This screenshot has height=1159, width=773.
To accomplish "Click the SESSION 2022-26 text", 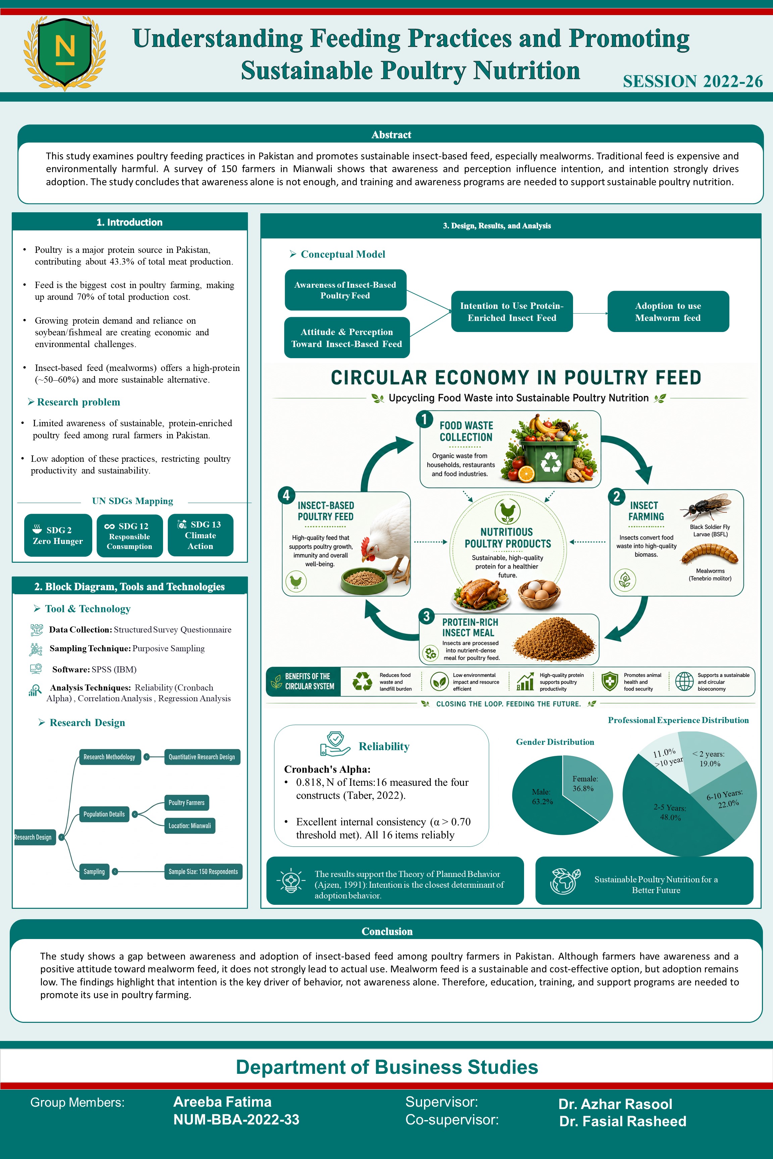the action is (692, 81).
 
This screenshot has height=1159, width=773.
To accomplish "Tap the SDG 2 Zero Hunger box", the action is (58, 535).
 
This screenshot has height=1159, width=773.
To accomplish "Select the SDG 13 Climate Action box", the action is (200, 535).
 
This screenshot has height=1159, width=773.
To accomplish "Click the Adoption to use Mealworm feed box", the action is (668, 312).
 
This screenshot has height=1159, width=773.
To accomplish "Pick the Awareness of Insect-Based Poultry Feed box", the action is (346, 290).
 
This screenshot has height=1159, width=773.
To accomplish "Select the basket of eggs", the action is (540, 594).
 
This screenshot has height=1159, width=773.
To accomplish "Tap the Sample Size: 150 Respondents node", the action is (203, 872).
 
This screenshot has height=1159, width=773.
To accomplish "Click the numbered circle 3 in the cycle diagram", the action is (426, 616).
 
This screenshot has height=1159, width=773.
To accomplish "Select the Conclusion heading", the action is (387, 931).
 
